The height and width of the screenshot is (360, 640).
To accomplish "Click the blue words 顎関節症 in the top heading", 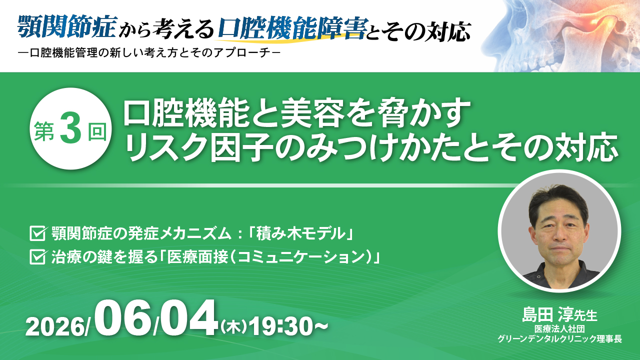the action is pos(67,26).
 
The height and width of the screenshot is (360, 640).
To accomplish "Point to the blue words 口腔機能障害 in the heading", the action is pos(292,27).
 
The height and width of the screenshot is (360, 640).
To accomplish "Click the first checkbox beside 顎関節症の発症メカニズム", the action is pos(37,233).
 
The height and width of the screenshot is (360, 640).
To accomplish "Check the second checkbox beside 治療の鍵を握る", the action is pos(37,256).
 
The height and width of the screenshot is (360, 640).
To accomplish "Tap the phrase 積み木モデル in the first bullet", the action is pos(300,234).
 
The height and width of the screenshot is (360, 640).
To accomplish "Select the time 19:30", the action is pos(281,327).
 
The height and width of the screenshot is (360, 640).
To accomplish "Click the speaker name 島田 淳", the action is pos(546,315).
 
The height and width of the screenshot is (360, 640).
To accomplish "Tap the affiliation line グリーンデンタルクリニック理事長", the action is pos(559,339).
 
